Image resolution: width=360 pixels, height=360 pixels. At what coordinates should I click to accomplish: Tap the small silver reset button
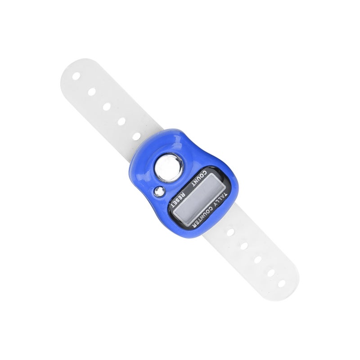pyautogui.click(x=160, y=192)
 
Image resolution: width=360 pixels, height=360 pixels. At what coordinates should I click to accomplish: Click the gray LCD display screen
pyautogui.click(x=199, y=198)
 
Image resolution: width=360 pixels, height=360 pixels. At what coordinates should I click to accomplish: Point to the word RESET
pyautogui.click(x=179, y=198)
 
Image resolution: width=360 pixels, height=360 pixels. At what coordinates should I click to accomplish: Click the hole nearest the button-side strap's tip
pyautogui.click(x=76, y=76)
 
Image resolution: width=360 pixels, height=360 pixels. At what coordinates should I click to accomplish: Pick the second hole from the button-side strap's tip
pyautogui.click(x=92, y=92)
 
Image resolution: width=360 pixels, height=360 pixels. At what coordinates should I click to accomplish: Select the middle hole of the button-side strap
pyautogui.click(x=107, y=107)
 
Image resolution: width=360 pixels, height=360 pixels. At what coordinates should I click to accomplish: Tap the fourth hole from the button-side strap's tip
pyautogui.click(x=121, y=121)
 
